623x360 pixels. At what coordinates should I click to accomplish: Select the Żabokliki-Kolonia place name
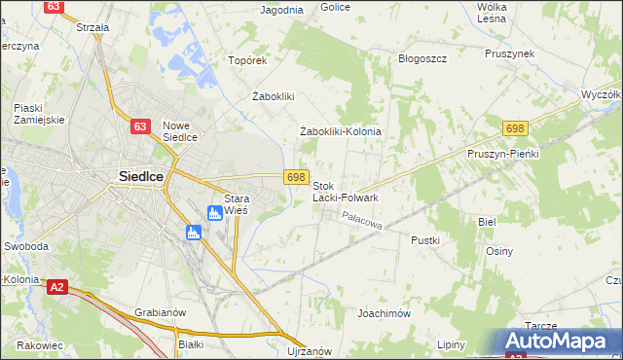pos(340,131)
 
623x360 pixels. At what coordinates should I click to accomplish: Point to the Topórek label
pos(247,60)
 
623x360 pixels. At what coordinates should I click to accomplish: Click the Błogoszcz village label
pos(422,58)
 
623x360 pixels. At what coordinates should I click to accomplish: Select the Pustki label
pos(425,239)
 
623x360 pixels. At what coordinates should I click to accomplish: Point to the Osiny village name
pos(499,251)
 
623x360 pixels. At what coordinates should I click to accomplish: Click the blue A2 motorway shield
pos(57,286)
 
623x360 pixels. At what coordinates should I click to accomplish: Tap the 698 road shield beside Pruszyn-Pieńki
pos(516,129)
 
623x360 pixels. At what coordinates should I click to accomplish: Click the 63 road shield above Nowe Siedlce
pos(141,126)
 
